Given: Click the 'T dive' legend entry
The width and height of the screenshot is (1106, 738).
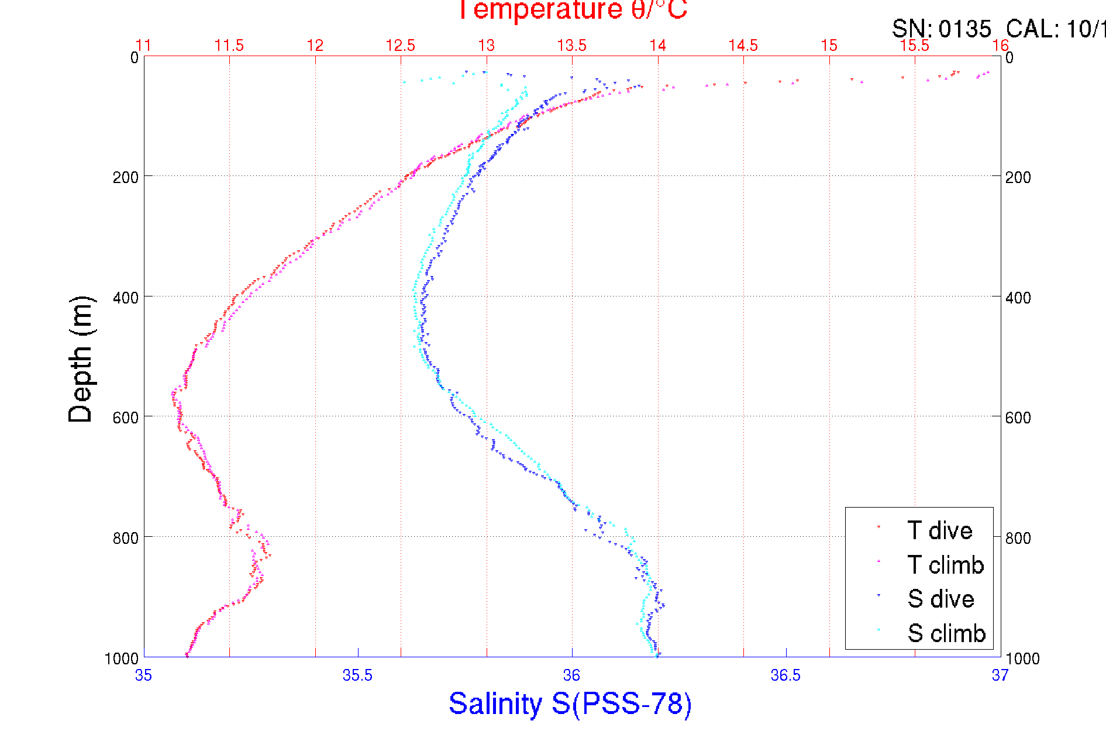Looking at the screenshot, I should pos(939,530).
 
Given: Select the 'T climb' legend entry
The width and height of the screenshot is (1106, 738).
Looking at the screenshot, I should pos(945,565).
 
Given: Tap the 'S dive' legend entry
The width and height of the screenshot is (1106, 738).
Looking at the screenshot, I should pos(940,599).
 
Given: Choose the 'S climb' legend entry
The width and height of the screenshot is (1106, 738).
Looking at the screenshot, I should pos(946,633).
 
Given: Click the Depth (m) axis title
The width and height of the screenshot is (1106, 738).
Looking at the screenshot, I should pos(80,358).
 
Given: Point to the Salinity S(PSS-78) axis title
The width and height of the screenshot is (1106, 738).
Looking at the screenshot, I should pos(570,703).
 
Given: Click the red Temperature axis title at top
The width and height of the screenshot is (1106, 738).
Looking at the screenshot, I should pos(572,10).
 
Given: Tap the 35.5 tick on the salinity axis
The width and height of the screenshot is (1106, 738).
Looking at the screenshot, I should pos(357,675).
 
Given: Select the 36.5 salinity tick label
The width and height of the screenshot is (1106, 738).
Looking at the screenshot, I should pos(785,675).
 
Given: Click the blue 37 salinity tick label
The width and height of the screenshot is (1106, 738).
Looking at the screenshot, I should pos(1000,675).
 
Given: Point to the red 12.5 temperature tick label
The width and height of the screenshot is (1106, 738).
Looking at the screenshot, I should pos(401,46).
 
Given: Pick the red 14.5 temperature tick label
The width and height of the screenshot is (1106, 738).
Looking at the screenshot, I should pos(743,46).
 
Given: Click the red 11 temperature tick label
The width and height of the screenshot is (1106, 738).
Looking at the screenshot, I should pos(143,46).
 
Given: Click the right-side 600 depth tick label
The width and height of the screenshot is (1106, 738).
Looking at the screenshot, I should pos(1018,418).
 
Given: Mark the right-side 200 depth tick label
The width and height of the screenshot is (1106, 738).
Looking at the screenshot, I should pos(1018,177).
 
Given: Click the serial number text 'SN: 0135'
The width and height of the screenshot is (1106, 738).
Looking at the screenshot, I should pos(942,29).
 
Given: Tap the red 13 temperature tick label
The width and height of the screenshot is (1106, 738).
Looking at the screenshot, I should pos(487,46).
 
